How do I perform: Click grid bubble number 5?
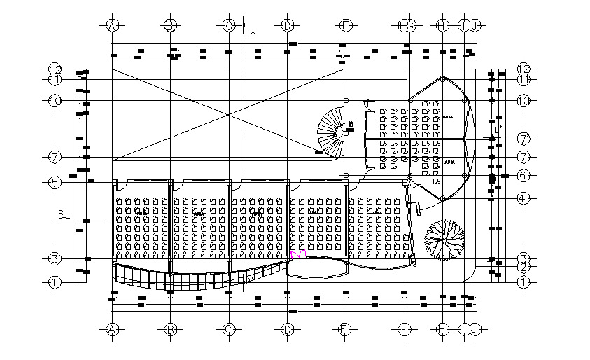55,182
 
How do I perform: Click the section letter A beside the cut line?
253,33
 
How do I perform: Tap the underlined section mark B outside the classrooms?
62,214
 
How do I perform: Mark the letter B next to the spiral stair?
351,125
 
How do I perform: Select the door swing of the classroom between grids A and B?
120,185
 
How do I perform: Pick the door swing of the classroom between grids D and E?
297,185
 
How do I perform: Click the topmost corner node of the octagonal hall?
442,78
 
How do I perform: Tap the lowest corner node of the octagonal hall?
442,198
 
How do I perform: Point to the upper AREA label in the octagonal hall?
448,118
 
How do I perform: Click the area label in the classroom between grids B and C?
199,212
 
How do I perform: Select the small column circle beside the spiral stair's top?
346,100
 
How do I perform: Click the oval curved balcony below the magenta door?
316,269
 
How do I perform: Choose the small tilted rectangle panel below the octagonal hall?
415,209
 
